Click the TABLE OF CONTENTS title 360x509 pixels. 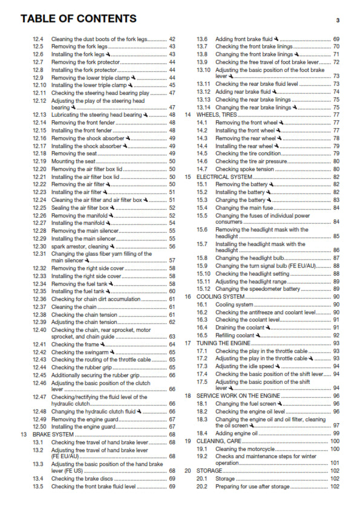[x=79, y=19]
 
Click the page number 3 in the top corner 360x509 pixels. [x=338, y=20]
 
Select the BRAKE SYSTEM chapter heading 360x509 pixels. [x=54, y=435]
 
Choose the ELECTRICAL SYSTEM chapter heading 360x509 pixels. [x=224, y=177]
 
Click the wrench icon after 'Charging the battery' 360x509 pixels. [x=269, y=200]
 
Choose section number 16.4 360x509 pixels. [x=202, y=327]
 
